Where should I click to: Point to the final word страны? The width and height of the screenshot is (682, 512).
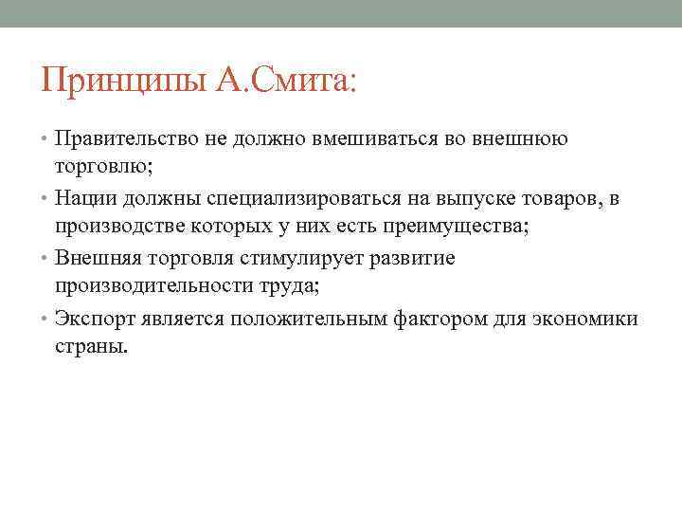(90, 347)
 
